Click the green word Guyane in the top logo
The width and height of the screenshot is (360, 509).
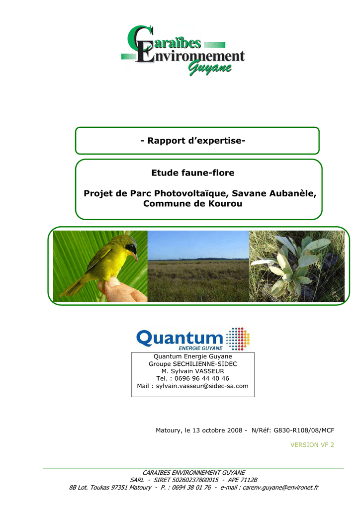coord(210,68)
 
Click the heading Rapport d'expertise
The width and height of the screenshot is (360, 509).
coord(193,141)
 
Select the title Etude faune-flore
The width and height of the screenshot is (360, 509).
coord(193,172)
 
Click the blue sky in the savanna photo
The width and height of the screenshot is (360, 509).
coord(198,245)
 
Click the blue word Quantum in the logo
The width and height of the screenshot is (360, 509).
coord(180,338)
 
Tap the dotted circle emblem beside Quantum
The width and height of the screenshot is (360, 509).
coord(238,339)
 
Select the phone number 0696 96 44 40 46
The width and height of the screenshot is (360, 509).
coord(201,378)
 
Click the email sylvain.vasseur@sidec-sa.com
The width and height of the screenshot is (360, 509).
coord(202,386)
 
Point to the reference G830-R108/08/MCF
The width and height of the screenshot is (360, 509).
coord(304,430)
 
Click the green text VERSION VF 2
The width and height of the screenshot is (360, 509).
coord(312,445)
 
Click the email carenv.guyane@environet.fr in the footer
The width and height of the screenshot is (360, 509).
coord(280,487)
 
